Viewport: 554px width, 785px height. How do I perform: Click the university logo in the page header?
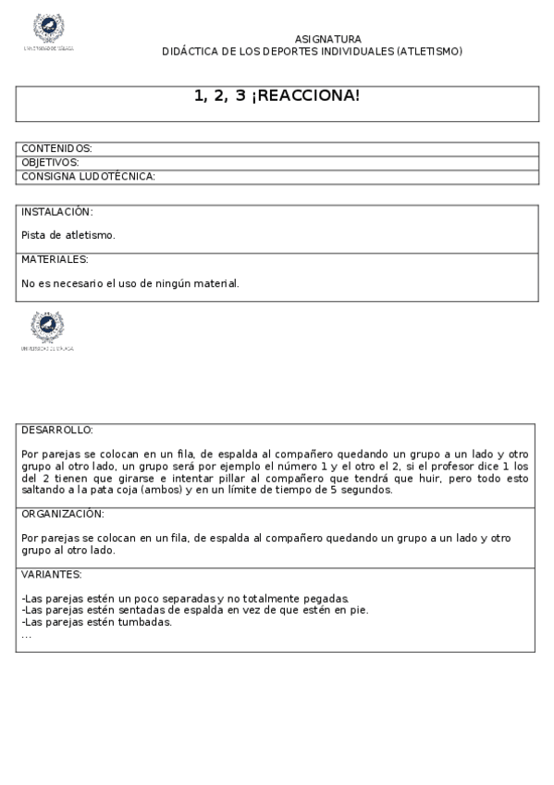(x=48, y=31)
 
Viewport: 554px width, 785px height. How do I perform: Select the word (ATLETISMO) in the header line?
(x=429, y=51)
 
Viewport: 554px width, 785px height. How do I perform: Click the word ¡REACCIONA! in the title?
(x=305, y=96)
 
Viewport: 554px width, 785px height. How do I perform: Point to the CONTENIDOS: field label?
(x=56, y=148)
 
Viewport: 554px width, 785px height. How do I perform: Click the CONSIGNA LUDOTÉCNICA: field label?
(x=88, y=176)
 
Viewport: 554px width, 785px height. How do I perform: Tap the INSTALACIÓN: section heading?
(x=57, y=211)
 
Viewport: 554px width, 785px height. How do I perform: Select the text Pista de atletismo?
(x=68, y=235)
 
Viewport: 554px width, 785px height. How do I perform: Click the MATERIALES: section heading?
(x=55, y=259)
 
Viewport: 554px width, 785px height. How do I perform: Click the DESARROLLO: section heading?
(x=57, y=430)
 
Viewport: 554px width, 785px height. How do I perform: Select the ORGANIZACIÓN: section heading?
(x=62, y=513)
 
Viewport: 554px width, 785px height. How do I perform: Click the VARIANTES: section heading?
(x=52, y=574)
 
